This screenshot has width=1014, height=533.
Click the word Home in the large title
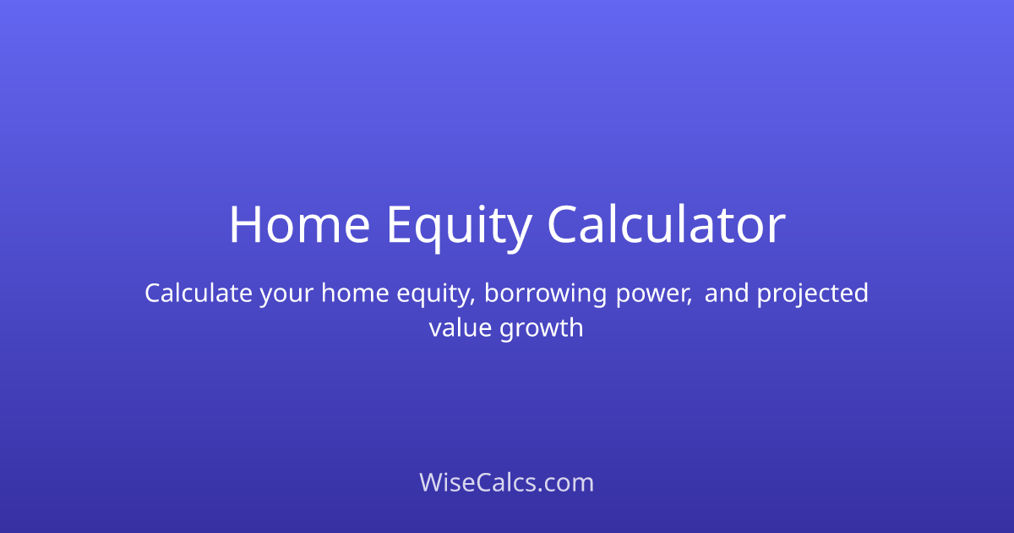coord(299,226)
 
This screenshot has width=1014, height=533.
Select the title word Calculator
coord(666,226)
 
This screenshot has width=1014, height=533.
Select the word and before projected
coord(728,294)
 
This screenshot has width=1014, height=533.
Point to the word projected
coord(813,295)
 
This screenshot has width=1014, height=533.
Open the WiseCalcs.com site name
coord(507,483)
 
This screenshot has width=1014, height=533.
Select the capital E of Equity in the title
coord(399,226)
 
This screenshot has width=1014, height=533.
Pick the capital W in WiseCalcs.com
coord(432,483)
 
